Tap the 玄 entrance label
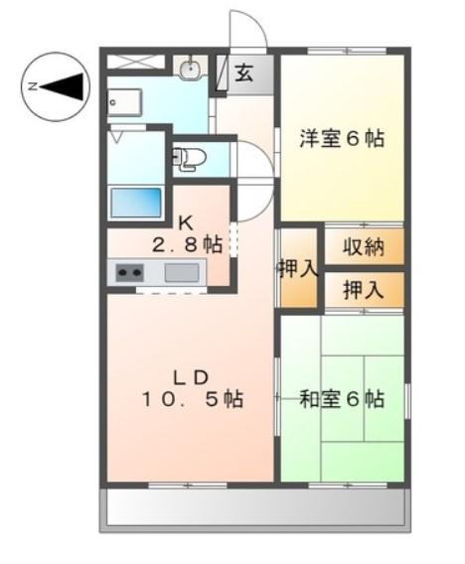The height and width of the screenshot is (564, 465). pyautogui.click(x=244, y=71)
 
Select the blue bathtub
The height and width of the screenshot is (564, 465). pyautogui.click(x=136, y=202)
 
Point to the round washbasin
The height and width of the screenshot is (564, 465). pyautogui.click(x=190, y=69)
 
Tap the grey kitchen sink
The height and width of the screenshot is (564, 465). pyautogui.click(x=182, y=272)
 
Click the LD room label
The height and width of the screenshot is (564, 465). pyautogui.click(x=190, y=376)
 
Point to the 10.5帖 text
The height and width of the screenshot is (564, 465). pyautogui.click(x=190, y=399)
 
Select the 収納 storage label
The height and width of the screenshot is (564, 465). pyautogui.click(x=364, y=247)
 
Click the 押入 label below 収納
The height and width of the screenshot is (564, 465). pyautogui.click(x=364, y=290)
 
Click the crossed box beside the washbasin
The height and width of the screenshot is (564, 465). pyautogui.click(x=135, y=63)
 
